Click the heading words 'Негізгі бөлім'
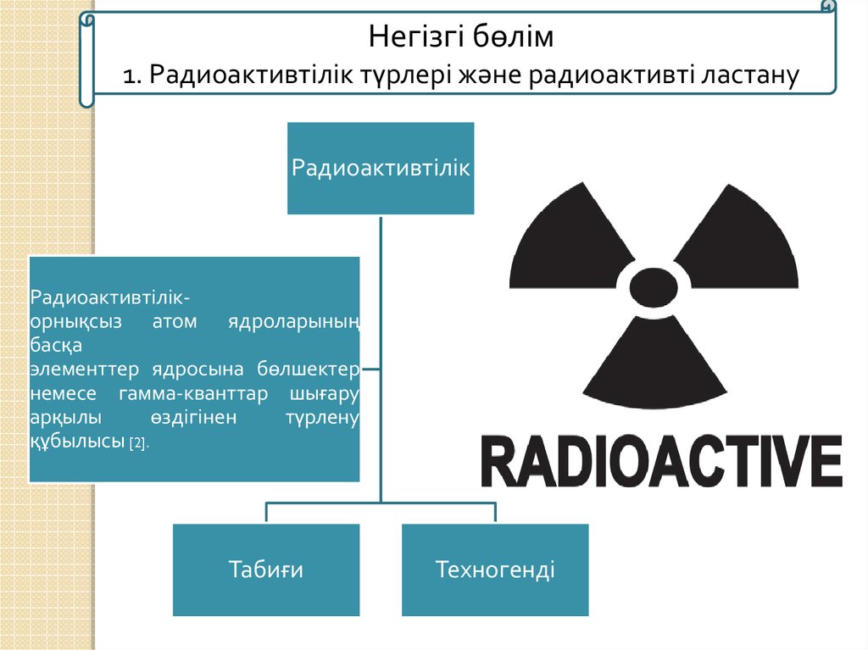click(461, 37)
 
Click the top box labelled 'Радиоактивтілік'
click(380, 167)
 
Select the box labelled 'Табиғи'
click(265, 569)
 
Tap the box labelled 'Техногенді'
click(495, 569)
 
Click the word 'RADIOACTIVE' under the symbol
click(662, 463)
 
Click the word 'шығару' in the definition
click(325, 395)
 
